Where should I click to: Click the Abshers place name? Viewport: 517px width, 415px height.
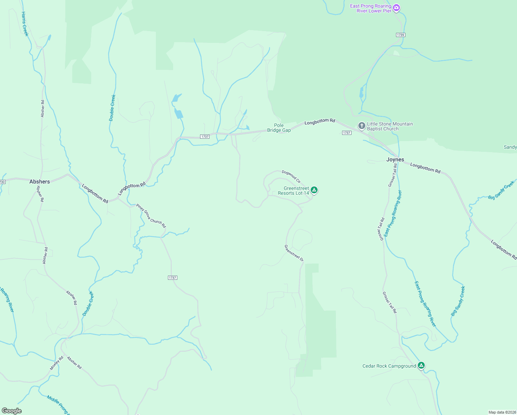40,182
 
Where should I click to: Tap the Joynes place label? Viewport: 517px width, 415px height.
395,159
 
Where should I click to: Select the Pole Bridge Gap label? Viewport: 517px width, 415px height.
279,128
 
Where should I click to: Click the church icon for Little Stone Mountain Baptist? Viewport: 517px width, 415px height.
361,126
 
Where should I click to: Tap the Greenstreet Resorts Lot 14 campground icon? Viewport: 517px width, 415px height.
314,190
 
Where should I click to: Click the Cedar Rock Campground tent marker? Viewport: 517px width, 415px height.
421,365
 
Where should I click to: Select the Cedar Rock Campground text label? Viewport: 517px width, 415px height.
389,366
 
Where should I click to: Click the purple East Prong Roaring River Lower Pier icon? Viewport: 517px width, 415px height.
396,8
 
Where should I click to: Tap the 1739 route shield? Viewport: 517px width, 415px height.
401,35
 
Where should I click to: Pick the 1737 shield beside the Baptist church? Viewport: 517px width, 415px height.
347,133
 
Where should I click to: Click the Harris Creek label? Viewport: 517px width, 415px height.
25,24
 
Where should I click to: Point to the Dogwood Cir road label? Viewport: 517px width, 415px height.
291,176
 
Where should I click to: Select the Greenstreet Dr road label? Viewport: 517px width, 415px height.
294,253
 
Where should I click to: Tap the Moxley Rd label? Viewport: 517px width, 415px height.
57,363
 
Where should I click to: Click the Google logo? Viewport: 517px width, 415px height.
11,411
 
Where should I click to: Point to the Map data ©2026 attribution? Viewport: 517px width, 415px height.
502,412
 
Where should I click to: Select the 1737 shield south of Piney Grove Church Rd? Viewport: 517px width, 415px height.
172,278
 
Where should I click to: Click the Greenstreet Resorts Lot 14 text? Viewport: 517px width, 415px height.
293,191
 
